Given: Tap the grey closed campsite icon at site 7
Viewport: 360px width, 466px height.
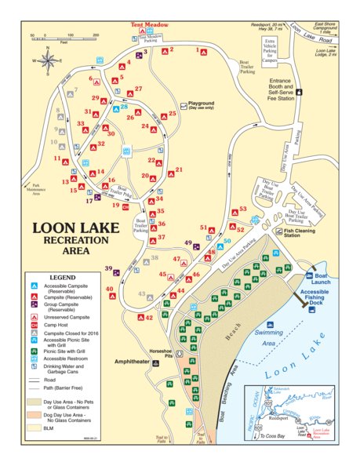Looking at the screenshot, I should (66, 91).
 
